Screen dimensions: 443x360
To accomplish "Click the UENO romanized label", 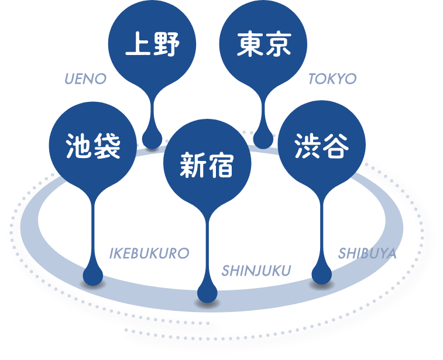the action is [x=85, y=78].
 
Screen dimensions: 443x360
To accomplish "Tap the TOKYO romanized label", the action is [x=332, y=78].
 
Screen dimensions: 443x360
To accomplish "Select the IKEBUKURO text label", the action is [x=149, y=253].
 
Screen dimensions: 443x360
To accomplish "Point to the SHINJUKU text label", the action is [x=256, y=270].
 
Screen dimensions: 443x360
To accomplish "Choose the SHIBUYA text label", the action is [x=368, y=253].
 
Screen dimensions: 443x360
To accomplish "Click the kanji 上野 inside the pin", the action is [x=152, y=44].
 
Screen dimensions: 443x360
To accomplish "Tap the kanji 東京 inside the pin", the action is [x=263, y=44].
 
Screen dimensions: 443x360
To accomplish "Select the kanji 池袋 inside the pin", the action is [x=93, y=146].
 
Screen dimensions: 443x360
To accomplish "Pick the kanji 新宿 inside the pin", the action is [x=207, y=165].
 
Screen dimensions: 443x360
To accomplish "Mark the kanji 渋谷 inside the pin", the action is [x=321, y=146].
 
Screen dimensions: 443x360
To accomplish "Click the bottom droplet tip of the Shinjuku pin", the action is [x=207, y=302].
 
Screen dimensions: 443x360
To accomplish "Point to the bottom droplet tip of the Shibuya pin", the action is [x=321, y=283].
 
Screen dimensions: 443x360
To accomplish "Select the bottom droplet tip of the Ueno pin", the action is [x=152, y=148].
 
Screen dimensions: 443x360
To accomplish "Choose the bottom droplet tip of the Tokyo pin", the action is [x=263, y=148].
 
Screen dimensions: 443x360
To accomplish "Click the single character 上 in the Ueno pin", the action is [x=138, y=44].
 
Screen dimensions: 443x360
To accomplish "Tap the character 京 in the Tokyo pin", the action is [x=279, y=44].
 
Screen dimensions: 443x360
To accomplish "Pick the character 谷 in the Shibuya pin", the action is [x=336, y=146].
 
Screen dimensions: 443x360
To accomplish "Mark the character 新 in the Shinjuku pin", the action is [x=193, y=165].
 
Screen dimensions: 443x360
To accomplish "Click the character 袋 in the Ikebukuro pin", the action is [x=107, y=146].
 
